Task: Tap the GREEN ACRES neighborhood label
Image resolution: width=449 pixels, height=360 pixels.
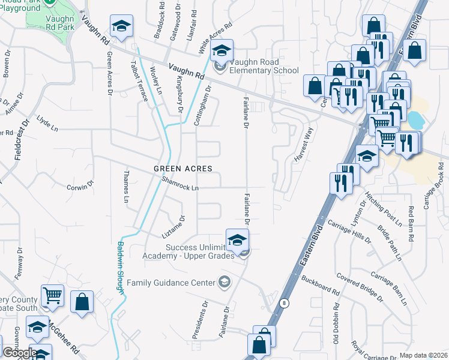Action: (183, 169)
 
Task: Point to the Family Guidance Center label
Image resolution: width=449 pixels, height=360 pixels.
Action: (171, 282)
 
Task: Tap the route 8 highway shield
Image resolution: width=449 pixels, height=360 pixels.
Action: (284, 303)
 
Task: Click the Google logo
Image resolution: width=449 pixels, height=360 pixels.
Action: (19, 353)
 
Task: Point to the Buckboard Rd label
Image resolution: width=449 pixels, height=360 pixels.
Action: (321, 285)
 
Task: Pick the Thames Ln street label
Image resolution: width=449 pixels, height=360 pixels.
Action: (126, 187)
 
